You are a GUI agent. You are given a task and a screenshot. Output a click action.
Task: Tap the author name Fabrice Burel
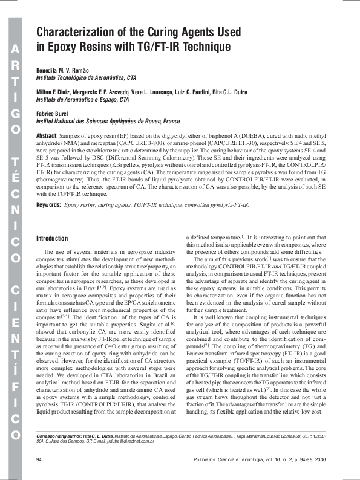[x=53, y=114]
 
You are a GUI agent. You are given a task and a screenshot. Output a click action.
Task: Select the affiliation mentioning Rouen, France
[x=108, y=121]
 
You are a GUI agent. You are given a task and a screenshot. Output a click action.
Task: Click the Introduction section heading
[x=53, y=238]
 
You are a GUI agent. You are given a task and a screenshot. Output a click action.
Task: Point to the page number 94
[x=39, y=460]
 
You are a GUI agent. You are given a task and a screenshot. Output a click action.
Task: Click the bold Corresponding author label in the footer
[x=66, y=435]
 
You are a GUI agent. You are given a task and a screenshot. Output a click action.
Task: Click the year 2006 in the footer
[x=321, y=460]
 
